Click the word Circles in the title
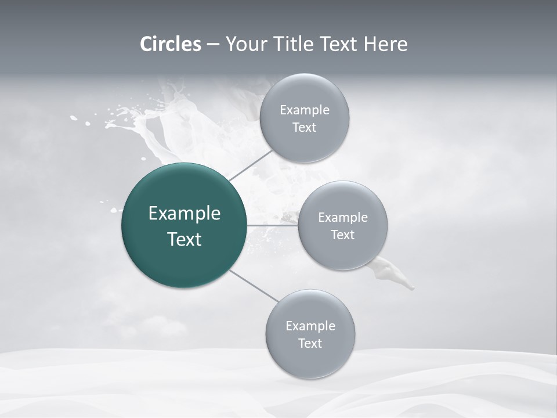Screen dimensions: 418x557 (171, 44)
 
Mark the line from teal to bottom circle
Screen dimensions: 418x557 (254, 286)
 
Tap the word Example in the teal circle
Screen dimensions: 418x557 (185, 214)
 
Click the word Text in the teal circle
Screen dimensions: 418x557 (185, 239)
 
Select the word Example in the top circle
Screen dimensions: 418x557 (305, 110)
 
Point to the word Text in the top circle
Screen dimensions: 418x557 (304, 128)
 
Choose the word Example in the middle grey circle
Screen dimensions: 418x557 (343, 218)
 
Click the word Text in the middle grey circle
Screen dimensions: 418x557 (343, 235)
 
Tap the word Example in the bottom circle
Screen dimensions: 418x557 (310, 326)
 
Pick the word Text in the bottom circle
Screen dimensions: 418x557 (310, 344)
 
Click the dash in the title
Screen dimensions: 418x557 (212, 45)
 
